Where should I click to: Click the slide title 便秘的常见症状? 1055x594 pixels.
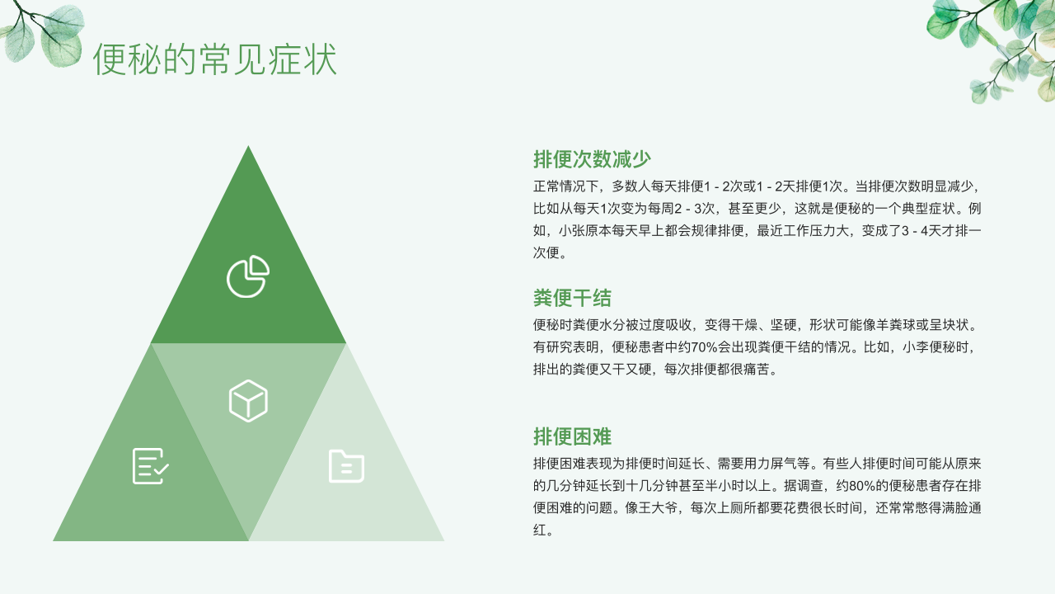click(215, 59)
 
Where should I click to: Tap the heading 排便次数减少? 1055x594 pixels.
click(592, 159)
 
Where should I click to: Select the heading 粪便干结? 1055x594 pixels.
click(572, 298)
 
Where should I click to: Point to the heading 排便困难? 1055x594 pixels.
click(572, 436)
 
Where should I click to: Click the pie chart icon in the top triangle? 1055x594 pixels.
click(248, 276)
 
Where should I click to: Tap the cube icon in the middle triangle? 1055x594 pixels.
click(248, 401)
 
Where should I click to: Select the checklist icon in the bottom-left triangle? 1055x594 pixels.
click(150, 466)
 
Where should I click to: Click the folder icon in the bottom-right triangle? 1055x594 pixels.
click(346, 466)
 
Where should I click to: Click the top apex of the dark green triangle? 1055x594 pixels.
click(248, 146)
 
